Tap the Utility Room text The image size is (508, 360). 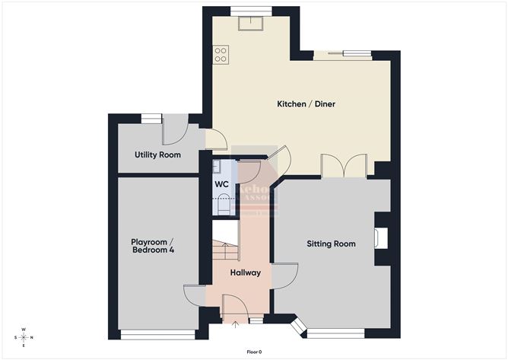(157, 155)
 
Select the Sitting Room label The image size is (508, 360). (331, 244)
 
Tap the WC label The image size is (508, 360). (221, 185)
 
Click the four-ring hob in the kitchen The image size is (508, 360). (221, 54)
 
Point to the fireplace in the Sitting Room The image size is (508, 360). (381, 238)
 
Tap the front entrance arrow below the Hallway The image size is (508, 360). (234, 327)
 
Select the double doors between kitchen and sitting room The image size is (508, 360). (344, 167)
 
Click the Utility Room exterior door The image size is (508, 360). (174, 131)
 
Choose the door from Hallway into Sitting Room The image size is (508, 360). (283, 276)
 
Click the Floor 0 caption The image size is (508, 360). (254, 352)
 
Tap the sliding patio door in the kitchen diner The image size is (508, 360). (344, 54)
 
